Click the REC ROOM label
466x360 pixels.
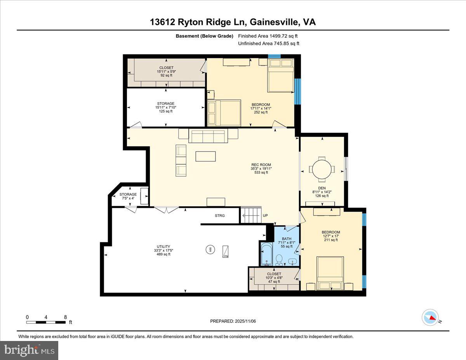[x=261, y=165]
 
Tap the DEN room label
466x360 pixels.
[x=322, y=188]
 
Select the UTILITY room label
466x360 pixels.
[x=163, y=247]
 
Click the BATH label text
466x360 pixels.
[x=287, y=239]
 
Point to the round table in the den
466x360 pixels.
[x=322, y=169]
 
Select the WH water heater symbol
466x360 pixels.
[x=210, y=249]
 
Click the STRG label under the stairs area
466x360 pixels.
[x=220, y=216]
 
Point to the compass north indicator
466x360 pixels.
[x=430, y=317]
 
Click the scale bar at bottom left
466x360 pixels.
[x=46, y=322]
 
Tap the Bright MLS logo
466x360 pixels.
[x=29, y=350]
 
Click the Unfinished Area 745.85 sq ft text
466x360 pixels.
[x=268, y=43]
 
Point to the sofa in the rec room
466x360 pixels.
[x=208, y=136]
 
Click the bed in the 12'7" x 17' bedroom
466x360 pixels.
[x=330, y=273]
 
